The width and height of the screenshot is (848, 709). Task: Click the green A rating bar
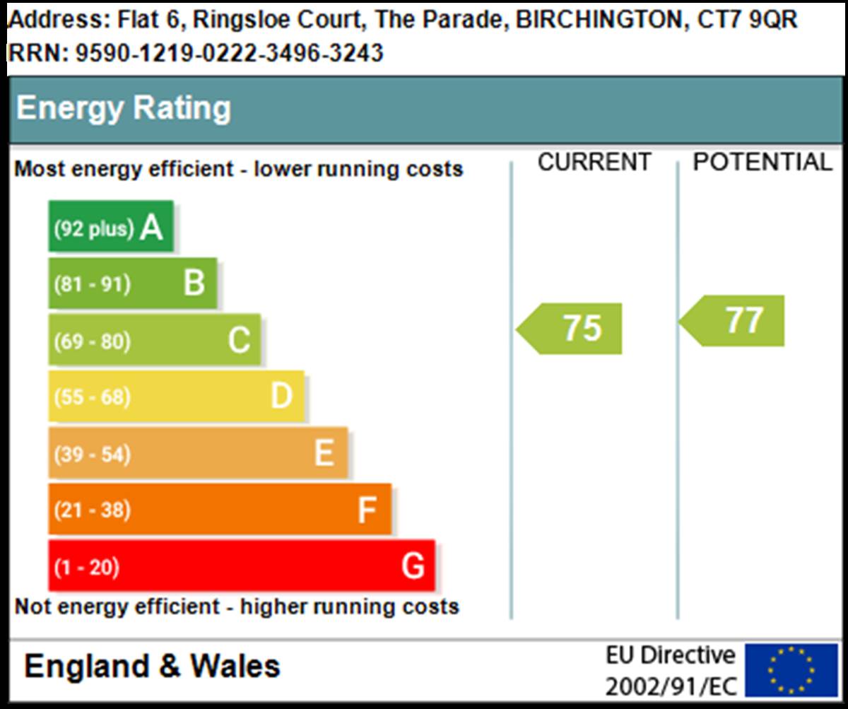(111, 227)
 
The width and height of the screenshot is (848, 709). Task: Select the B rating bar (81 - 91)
(133, 283)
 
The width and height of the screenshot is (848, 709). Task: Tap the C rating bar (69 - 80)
(155, 340)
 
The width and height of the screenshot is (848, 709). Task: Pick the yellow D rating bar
(177, 397)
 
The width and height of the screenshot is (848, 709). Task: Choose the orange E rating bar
(199, 453)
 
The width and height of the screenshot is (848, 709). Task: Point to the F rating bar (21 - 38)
(220, 510)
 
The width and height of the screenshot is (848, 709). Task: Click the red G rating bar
(242, 566)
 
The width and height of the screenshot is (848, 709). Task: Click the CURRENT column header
(594, 163)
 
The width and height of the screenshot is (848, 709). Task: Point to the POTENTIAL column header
(762, 163)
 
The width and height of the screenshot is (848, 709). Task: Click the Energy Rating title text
(124, 109)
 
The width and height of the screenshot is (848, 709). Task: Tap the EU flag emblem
(791, 669)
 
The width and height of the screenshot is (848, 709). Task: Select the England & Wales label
(152, 666)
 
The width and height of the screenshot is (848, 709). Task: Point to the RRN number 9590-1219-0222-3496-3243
(229, 53)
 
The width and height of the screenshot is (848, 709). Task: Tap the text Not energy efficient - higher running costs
(237, 607)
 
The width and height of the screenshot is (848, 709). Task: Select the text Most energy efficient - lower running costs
(239, 170)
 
